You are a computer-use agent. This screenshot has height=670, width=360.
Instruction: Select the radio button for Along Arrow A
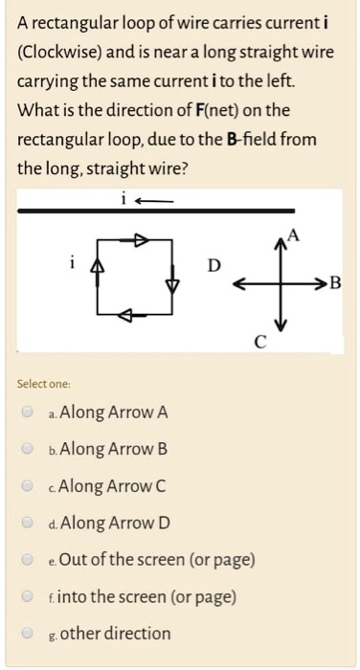coord(30,413)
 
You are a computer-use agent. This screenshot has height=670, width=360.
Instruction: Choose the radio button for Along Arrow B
coord(30,450)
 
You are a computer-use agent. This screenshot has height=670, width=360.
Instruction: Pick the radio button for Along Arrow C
coord(30,486)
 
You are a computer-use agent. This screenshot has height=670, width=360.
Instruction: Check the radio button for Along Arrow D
coord(30,524)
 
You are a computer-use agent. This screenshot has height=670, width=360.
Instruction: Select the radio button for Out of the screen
coord(30,560)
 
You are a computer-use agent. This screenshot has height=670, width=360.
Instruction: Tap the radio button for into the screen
coord(30,597)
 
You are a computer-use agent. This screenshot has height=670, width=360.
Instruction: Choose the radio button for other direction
coord(30,634)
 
